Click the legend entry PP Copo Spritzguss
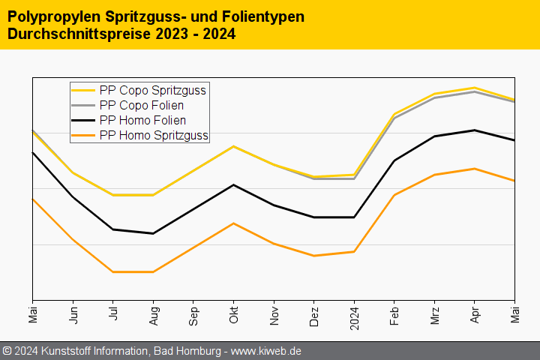(x=152, y=90)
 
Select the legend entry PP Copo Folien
(x=141, y=105)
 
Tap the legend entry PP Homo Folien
(x=142, y=120)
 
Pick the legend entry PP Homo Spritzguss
(x=154, y=135)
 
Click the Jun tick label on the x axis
(x=73, y=314)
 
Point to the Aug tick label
(x=154, y=314)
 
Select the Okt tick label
(x=234, y=313)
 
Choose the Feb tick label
(x=394, y=314)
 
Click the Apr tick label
(x=475, y=313)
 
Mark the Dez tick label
(x=314, y=314)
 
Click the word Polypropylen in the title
(x=51, y=16)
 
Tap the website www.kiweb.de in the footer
(x=267, y=351)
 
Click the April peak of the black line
(x=475, y=130)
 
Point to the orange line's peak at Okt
(x=234, y=223)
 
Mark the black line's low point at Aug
(x=153, y=233)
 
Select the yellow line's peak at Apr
(x=475, y=88)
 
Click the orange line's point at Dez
(x=314, y=256)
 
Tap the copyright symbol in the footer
(x=7, y=351)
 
